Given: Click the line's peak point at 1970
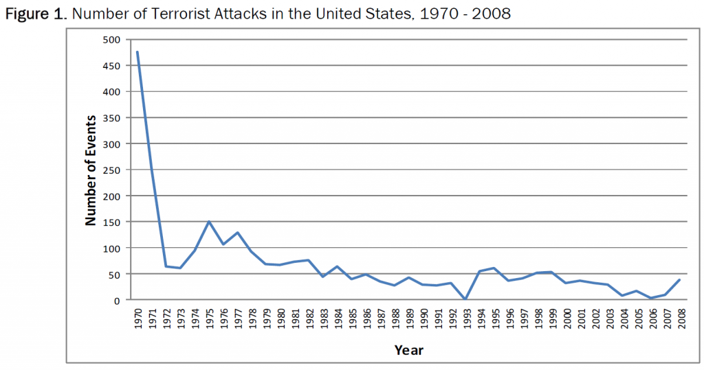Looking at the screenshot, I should [x=137, y=51].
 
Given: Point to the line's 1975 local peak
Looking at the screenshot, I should [x=209, y=221].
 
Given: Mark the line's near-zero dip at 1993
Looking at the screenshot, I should [x=465, y=299].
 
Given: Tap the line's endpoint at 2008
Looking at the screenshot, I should [x=679, y=279].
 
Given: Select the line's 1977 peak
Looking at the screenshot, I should [x=237, y=232].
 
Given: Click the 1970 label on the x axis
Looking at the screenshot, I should [x=137, y=319].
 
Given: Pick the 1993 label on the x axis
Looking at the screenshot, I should [x=465, y=319].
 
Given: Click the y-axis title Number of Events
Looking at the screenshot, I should [x=90, y=170].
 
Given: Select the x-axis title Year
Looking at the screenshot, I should [x=408, y=350].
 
